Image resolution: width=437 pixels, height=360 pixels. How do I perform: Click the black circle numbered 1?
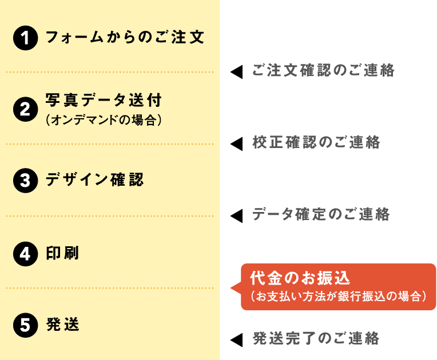point(25,38)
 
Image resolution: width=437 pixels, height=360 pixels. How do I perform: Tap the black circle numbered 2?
point(25,109)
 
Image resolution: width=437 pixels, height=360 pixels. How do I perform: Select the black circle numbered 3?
point(25,181)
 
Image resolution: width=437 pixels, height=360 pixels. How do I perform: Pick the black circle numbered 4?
point(25,254)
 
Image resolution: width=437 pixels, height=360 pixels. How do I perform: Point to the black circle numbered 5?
point(25,325)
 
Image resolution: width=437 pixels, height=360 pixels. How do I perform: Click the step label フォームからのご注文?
point(125,37)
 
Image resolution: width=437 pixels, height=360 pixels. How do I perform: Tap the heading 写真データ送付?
point(104,100)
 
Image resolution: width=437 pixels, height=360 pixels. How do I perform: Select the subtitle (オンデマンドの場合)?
point(104,120)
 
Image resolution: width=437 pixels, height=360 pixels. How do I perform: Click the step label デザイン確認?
point(95,179)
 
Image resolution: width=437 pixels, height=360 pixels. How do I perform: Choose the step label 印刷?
point(62,253)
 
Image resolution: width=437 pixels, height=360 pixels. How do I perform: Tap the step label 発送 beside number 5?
point(63,325)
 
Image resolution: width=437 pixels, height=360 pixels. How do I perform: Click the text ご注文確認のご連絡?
point(323,70)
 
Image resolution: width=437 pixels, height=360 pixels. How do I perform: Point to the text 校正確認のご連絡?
point(316,142)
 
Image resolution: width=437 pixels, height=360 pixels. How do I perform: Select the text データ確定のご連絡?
point(321,214)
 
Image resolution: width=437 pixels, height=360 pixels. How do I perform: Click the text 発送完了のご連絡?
point(316,338)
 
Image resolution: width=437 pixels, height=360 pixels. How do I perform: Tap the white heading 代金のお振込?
point(300,278)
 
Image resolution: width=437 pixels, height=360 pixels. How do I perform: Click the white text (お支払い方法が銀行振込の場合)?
point(339,296)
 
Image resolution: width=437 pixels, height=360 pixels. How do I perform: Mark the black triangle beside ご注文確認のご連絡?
point(236,72)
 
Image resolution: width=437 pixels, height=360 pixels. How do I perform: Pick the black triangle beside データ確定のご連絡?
point(236,216)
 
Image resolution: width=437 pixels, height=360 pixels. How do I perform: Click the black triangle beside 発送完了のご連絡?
point(236,340)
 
